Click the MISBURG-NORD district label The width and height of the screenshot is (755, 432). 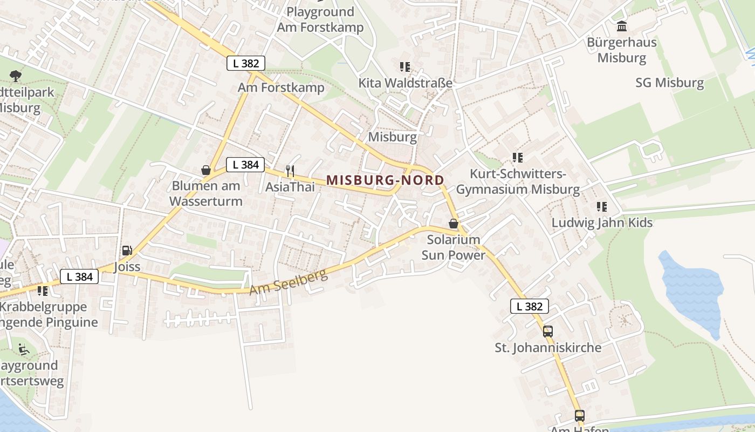click(x=385, y=180)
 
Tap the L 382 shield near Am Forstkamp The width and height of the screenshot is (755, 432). click(x=246, y=63)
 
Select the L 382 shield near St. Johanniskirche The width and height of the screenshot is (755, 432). click(x=529, y=307)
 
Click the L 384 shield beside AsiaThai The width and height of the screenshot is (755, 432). click(x=245, y=165)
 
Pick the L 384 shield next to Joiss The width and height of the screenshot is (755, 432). click(x=79, y=277)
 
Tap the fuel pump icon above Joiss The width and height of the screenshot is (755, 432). click(x=127, y=251)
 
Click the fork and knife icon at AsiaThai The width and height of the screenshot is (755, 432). click(x=290, y=171)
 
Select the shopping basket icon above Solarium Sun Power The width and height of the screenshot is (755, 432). click(x=454, y=224)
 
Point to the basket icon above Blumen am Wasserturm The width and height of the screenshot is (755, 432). click(x=205, y=170)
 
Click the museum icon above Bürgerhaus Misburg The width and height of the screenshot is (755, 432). click(x=622, y=26)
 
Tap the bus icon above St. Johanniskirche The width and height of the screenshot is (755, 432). click(x=548, y=332)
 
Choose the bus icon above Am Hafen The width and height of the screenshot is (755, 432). click(x=579, y=416)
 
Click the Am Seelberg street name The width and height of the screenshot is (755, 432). click(x=288, y=282)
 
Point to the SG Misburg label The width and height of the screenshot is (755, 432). click(x=669, y=83)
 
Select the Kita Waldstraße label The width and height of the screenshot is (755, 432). click(x=405, y=83)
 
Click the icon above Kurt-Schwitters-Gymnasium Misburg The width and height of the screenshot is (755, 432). click(x=518, y=158)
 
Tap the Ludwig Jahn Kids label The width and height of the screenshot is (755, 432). click(x=602, y=222)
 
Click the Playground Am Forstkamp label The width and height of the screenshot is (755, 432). click(x=320, y=19)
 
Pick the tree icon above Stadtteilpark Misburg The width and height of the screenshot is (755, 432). click(x=16, y=76)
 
